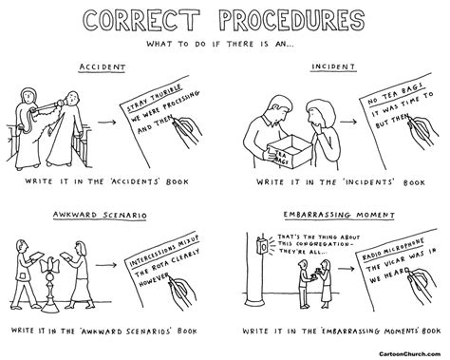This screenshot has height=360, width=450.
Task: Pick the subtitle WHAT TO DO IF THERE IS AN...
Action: click(x=225, y=44)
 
